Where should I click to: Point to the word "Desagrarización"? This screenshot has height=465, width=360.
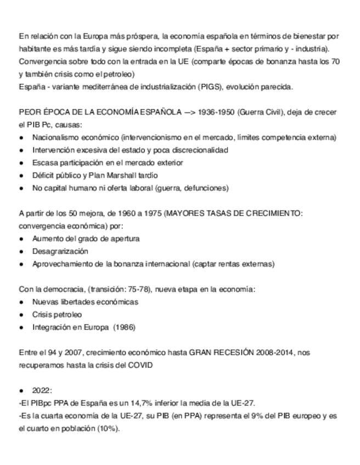click(x=60, y=251)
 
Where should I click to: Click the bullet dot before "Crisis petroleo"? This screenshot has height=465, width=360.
click(x=21, y=315)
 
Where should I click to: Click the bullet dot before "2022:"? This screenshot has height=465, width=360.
click(x=21, y=390)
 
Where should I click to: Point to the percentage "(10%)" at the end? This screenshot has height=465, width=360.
click(x=108, y=428)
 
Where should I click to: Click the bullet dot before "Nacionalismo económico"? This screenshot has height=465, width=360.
click(x=21, y=138)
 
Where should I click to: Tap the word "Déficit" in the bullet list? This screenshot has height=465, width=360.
click(x=44, y=175)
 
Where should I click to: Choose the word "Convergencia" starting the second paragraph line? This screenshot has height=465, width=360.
click(x=41, y=61)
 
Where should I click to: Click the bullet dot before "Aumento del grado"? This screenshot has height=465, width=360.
click(x=21, y=239)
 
